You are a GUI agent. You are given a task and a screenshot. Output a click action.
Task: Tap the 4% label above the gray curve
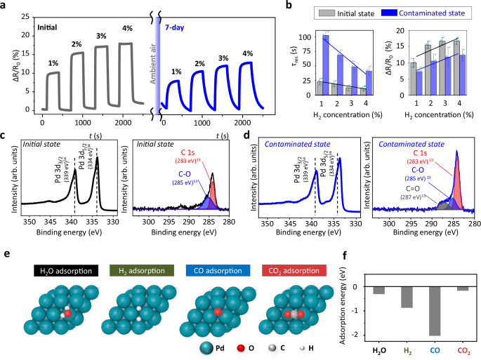pos(126,29)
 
